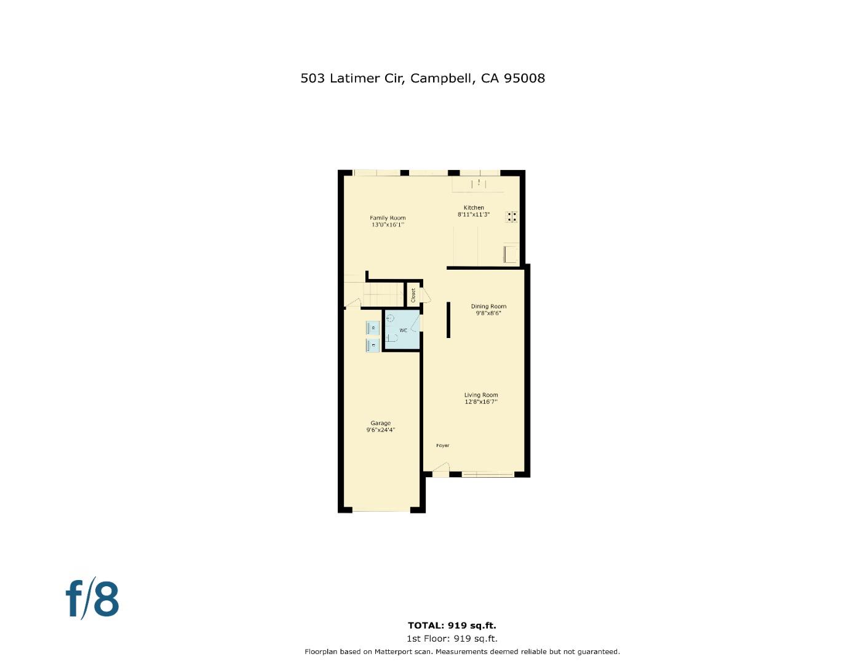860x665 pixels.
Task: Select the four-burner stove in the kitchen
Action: (512, 217)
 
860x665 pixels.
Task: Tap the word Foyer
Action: (442, 445)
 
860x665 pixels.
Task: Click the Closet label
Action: (413, 295)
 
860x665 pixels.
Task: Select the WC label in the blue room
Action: (404, 331)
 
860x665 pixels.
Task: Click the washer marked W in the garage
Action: (373, 328)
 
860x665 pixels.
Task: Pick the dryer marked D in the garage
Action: (373, 345)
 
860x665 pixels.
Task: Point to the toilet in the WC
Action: (392, 337)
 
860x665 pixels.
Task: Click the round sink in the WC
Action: (389, 318)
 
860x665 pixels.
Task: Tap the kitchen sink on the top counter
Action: (478, 182)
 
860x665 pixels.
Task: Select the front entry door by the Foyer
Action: (440, 472)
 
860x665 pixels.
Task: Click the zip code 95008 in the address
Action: (524, 78)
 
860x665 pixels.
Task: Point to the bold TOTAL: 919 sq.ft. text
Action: (452, 626)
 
